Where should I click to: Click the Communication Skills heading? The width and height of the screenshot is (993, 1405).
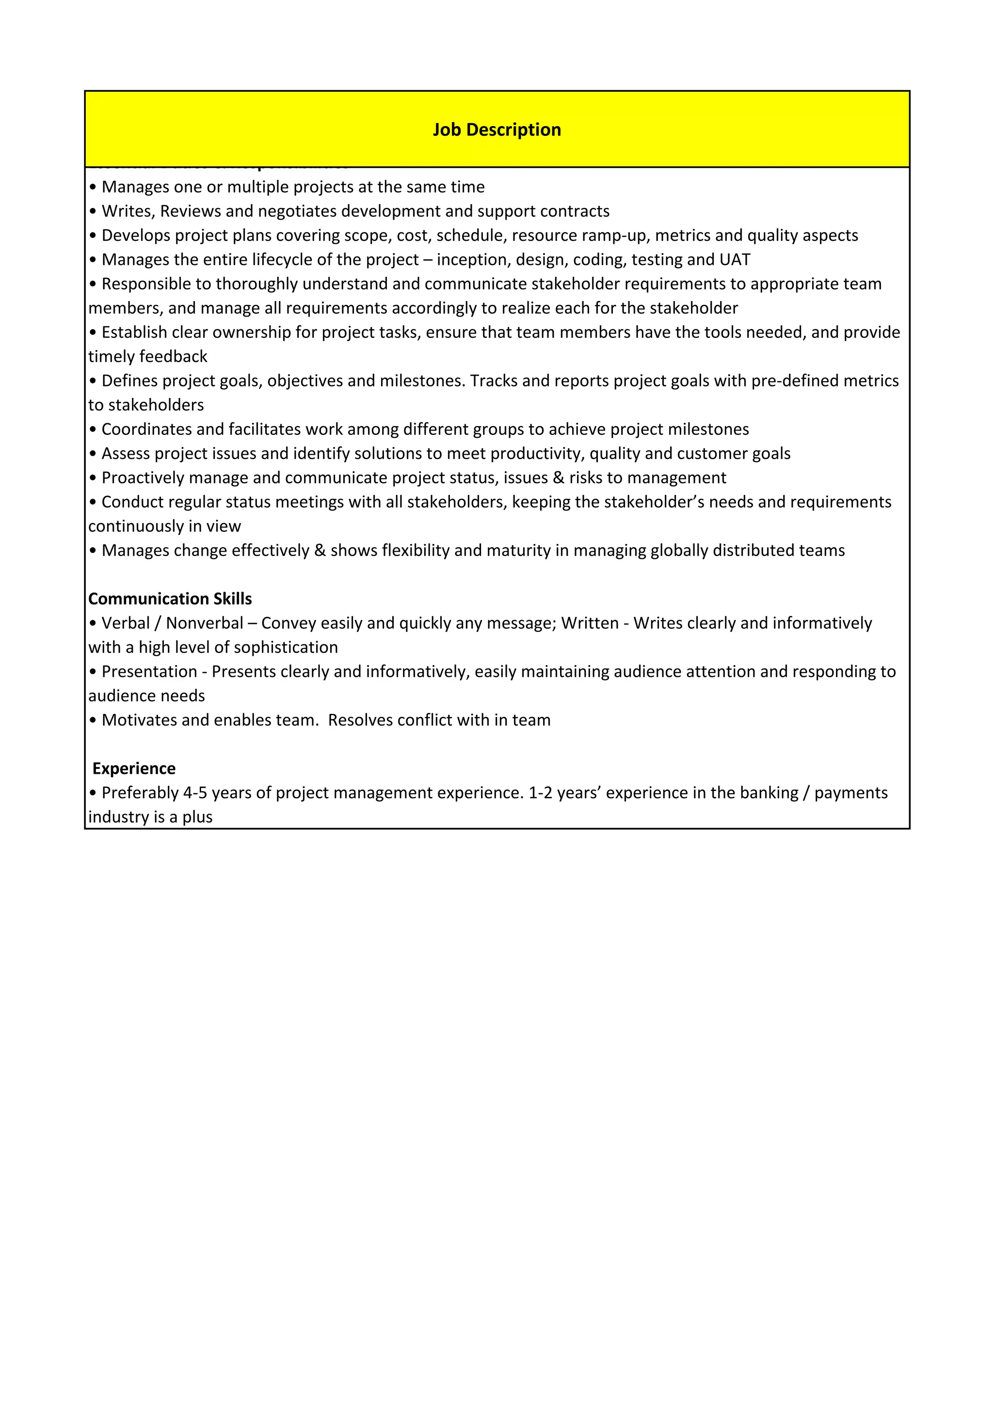pyautogui.click(x=170, y=598)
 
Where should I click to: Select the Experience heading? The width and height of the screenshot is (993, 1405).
pyautogui.click(x=133, y=768)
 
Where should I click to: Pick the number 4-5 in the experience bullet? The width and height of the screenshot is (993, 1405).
pyautogui.click(x=194, y=793)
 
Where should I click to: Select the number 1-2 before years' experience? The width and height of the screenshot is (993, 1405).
pyautogui.click(x=540, y=793)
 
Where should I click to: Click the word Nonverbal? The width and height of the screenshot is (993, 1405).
pyautogui.click(x=204, y=623)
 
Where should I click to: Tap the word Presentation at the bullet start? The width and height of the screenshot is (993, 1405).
pyautogui.click(x=149, y=671)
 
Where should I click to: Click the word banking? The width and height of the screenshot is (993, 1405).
pyautogui.click(x=769, y=793)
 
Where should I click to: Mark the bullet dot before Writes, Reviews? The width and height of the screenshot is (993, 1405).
pyautogui.click(x=93, y=212)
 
